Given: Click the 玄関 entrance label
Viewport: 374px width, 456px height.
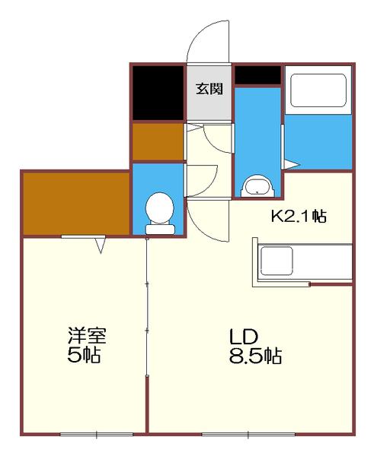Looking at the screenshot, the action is pos(209,89).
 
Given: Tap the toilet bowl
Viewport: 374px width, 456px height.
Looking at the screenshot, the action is pos(159,208).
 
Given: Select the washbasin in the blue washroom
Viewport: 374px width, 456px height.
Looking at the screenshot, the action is pos(257,186).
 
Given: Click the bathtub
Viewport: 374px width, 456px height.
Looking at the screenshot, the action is pos(318,90).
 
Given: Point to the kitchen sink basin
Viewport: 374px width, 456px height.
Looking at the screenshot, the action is pos(277,261).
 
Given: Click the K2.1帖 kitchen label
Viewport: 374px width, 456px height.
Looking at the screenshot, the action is pos(299,217).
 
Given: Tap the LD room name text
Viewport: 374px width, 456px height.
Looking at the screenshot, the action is pos(244,337).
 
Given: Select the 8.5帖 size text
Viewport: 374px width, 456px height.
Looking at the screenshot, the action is pos(255,356).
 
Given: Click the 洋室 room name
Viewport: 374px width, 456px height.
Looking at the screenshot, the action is pos(87,336).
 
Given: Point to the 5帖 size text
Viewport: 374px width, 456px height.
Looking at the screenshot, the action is pos(84,355).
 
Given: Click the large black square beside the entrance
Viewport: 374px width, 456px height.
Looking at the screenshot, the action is pos(158,93).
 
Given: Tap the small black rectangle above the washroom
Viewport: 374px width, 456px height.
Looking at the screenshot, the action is pos(257,74).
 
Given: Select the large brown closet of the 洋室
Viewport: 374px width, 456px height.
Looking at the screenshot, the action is pos(76,204).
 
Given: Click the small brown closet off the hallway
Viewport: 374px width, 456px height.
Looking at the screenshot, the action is pos(158,142).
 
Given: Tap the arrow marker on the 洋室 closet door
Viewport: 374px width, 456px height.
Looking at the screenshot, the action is pos(101,245).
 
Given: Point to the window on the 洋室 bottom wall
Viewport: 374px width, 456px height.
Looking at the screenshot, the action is pos(97,435).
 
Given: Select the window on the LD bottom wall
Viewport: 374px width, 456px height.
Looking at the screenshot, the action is pos(248,435).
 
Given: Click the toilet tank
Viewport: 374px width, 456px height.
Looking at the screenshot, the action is pos(160,230).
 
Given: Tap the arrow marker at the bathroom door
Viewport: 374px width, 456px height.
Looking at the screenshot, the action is pos(292,165).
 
